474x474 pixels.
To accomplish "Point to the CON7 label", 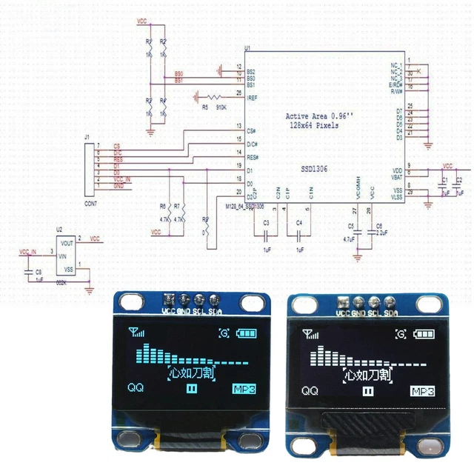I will [x=90, y=202].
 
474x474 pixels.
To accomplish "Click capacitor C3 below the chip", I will [x=266, y=231].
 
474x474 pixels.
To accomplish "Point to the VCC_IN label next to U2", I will [x=28, y=253].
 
